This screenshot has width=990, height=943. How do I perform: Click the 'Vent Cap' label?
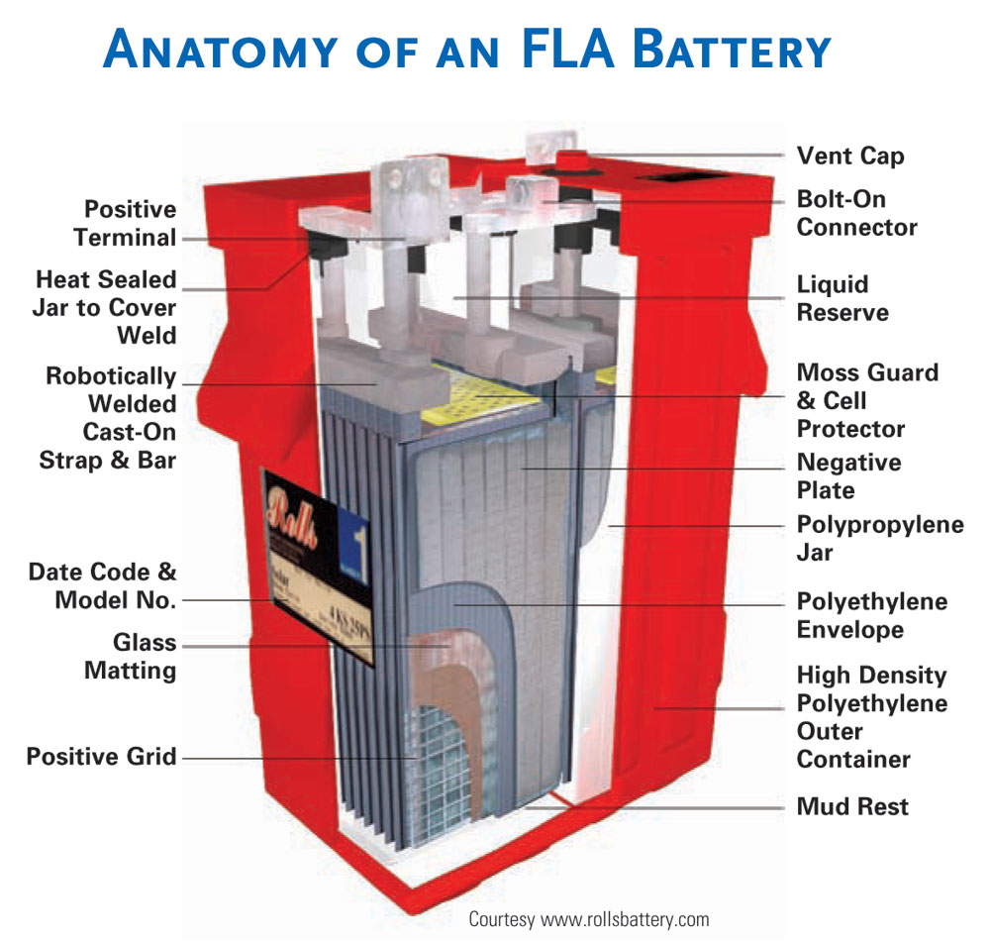pos(849,157)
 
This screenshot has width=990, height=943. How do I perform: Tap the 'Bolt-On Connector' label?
pos(856,213)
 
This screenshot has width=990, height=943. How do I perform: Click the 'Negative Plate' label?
pos(848,476)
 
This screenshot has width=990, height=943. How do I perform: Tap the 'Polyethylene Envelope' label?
pos(871,615)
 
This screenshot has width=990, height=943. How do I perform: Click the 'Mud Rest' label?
pos(852,807)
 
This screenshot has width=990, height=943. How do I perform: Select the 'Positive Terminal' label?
pos(130,224)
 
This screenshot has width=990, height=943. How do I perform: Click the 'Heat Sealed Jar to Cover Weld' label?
pos(106,307)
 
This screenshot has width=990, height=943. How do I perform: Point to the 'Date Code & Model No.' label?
pos(102,585)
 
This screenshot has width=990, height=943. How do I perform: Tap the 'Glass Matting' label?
pos(130,656)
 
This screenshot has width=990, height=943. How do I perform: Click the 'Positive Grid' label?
pos(101,757)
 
